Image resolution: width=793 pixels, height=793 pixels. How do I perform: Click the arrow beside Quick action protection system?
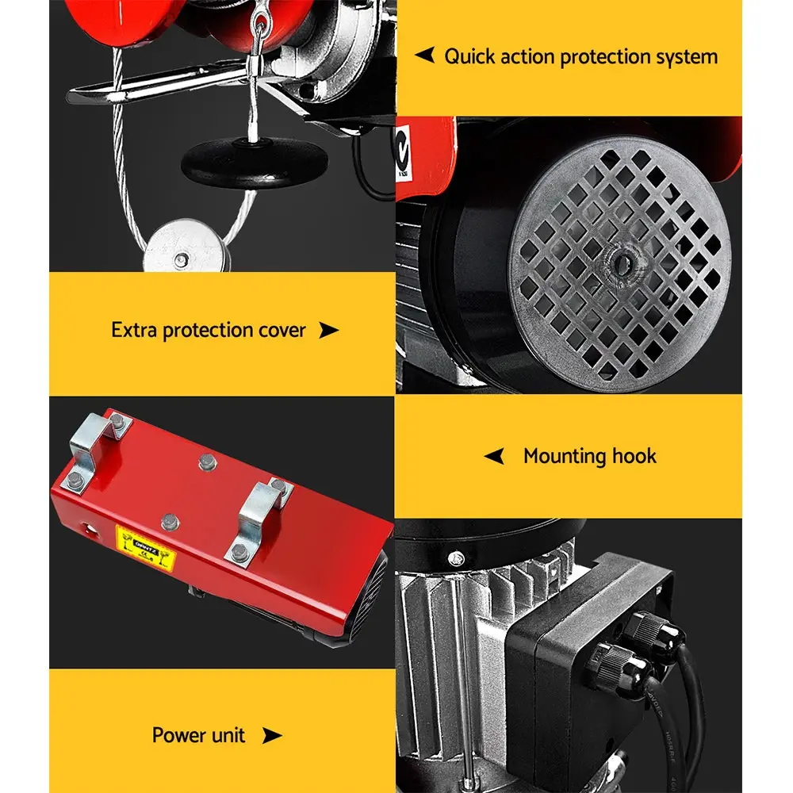425,56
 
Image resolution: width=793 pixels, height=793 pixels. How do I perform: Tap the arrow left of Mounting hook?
495,456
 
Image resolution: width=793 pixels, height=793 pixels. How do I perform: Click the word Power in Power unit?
176,735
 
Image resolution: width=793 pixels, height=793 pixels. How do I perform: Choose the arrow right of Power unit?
272,736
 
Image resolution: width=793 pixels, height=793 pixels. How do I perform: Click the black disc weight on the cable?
255,162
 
